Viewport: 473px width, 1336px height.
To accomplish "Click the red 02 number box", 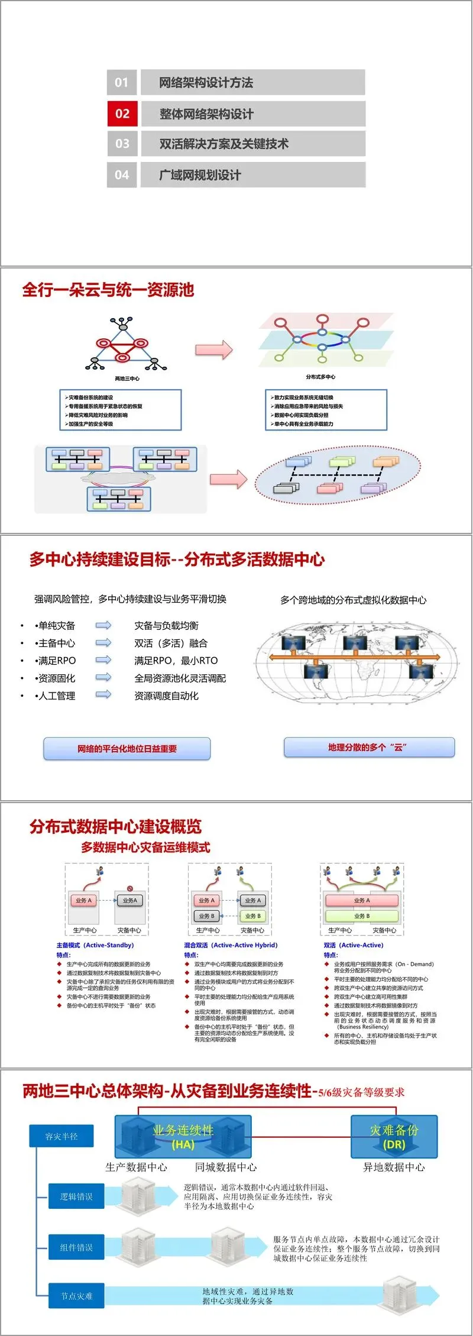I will pyautogui.click(x=122, y=114).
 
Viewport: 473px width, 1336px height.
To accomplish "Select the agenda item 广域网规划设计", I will pyautogui.click(x=200, y=175).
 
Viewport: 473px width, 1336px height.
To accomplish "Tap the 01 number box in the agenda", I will pyautogui.click(x=122, y=82).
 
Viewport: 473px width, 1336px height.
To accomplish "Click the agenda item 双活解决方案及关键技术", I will pyautogui.click(x=223, y=144).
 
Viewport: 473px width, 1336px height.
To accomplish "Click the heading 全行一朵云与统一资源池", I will pyautogui.click(x=108, y=290).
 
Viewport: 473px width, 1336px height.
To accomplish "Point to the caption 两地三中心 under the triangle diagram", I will pyautogui.click(x=127, y=379).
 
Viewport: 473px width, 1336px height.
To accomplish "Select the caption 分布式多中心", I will pyautogui.click(x=320, y=377).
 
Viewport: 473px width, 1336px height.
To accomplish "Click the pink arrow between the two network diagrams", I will pyautogui.click(x=214, y=350).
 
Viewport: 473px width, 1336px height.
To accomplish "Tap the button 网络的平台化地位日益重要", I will pyautogui.click(x=127, y=748).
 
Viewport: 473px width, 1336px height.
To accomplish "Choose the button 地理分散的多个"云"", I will pyautogui.click(x=369, y=747).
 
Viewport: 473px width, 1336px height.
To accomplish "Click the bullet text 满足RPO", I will pyautogui.click(x=57, y=661).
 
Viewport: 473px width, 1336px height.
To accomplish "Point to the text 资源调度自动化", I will pyautogui.click(x=166, y=696).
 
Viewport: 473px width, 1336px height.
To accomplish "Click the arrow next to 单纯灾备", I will pyautogui.click(x=103, y=625).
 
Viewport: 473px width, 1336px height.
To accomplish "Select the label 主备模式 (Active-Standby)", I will pyautogui.click(x=95, y=945).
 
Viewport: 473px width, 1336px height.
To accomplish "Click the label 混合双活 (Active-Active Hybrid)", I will pyautogui.click(x=231, y=945).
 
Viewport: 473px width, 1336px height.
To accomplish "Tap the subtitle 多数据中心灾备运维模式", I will pyautogui.click(x=145, y=847).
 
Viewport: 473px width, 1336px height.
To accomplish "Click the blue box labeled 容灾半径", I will pyautogui.click(x=61, y=1136).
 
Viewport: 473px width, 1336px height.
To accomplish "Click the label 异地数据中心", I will pyautogui.click(x=393, y=1167).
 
